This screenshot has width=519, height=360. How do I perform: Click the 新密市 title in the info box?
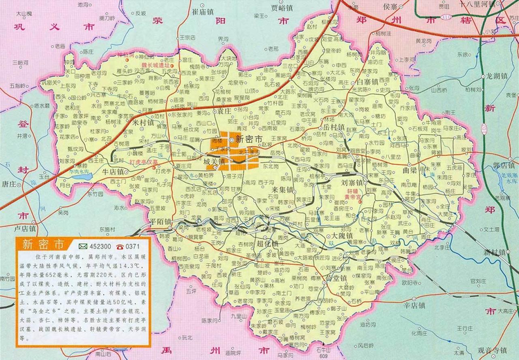click(42, 244)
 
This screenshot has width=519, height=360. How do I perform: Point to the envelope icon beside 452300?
click(83, 246)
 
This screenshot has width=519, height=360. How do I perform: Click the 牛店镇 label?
click(113, 171)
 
